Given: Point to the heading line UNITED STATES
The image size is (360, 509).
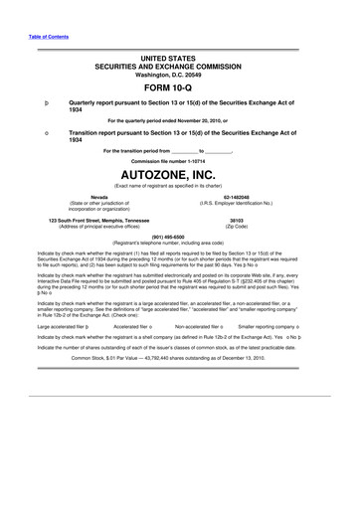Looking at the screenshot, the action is click(179, 60).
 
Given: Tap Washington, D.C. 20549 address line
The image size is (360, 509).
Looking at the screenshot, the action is click(179, 74).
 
